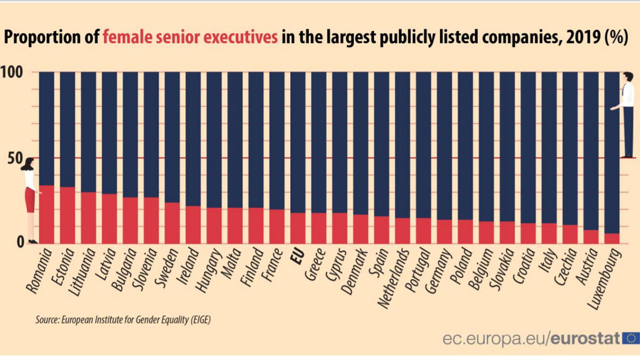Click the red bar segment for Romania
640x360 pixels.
pyautogui.click(x=46, y=214)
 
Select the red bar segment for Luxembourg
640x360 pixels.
pyautogui.click(x=612, y=238)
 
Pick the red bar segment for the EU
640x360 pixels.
pyautogui.click(x=298, y=228)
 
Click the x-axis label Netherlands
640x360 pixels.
pyautogui.click(x=394, y=277)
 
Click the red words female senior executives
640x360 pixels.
pyautogui.click(x=190, y=39)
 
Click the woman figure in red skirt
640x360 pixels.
pyautogui.click(x=30, y=200)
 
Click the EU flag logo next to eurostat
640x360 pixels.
pyautogui.click(x=631, y=338)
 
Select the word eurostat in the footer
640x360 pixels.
pyautogui.click(x=585, y=338)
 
